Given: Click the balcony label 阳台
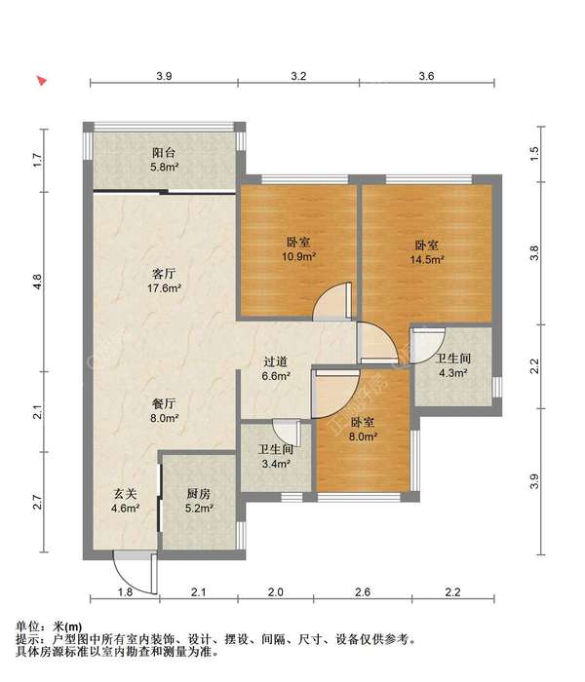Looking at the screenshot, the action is (164, 153).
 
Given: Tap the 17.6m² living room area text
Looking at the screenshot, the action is (164, 288).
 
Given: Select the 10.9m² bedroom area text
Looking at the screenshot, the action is (298, 256).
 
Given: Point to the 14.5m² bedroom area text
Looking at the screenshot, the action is (427, 260).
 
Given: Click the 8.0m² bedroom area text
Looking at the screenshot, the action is (363, 436).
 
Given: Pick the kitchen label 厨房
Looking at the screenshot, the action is (199, 494).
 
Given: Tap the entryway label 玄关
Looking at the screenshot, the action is (126, 494).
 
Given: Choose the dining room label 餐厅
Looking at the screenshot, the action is (164, 404).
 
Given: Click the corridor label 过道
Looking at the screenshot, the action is (276, 361).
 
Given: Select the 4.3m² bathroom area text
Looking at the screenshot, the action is (453, 373).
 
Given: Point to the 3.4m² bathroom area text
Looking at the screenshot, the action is (276, 464).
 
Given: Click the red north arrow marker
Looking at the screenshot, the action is (42, 81).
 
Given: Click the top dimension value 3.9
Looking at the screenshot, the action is (164, 76).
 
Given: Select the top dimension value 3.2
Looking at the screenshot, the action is (298, 76).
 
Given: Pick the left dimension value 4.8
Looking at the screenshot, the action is (38, 282).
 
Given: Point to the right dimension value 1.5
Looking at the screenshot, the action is (534, 153).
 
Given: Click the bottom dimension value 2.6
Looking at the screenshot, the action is (363, 592).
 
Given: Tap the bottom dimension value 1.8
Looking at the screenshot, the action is (126, 592).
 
